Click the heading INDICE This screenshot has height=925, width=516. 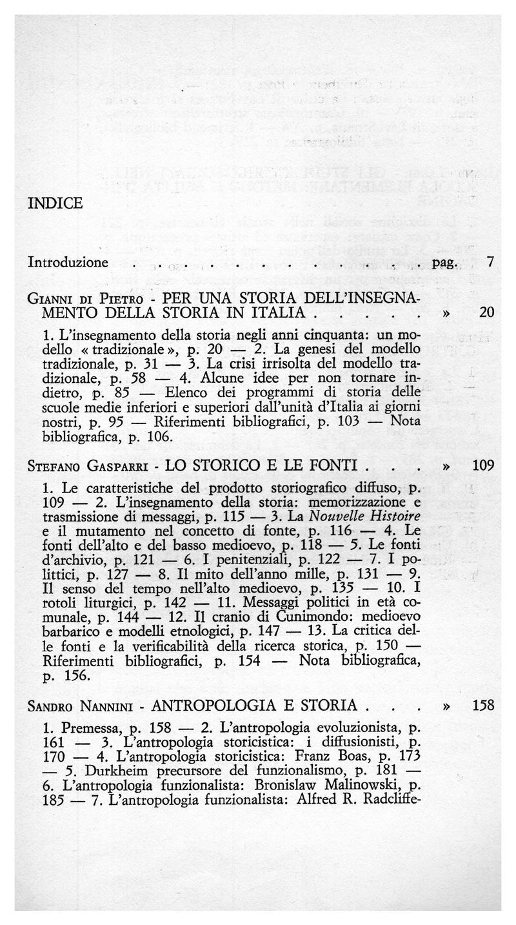(55, 203)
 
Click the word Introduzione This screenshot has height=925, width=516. (68, 263)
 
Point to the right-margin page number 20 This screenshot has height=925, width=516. (487, 312)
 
